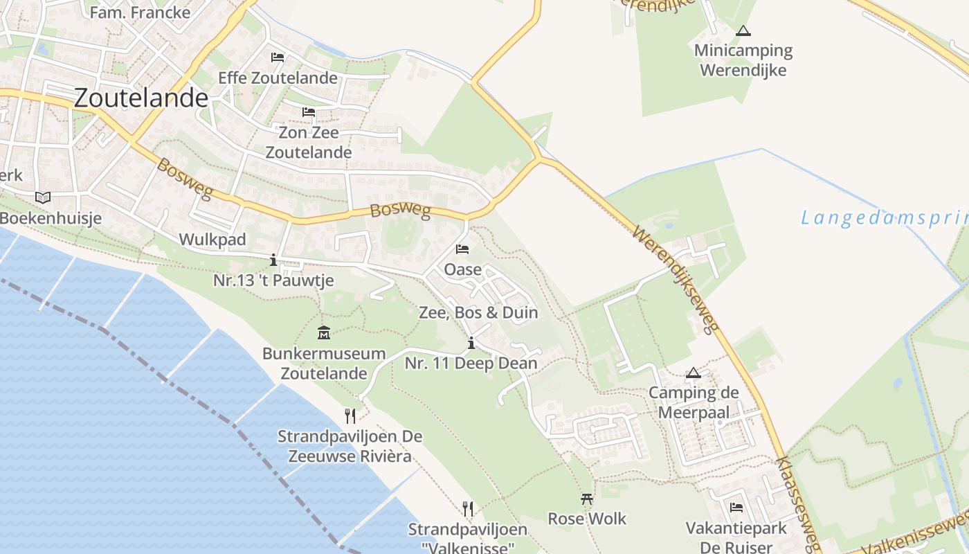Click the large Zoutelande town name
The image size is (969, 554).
(141, 98)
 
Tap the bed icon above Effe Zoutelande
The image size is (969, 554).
(278, 57)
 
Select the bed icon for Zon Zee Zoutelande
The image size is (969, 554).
(309, 112)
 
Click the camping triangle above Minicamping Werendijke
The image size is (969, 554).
(743, 31)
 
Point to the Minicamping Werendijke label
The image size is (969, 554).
(743, 60)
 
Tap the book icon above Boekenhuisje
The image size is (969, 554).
(43, 198)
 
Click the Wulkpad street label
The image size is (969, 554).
(212, 240)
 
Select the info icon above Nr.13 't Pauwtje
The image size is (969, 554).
(273, 260)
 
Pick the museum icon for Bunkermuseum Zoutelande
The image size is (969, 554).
(323, 333)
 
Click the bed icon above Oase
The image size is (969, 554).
(462, 249)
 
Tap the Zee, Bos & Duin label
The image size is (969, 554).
(478, 312)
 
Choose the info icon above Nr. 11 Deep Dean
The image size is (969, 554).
(471, 343)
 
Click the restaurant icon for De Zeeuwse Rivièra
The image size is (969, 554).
(350, 415)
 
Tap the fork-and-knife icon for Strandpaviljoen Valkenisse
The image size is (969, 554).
(468, 509)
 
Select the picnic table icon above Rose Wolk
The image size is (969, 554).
(587, 499)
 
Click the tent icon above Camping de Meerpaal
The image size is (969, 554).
(693, 373)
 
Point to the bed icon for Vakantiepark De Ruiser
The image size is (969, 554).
(736, 508)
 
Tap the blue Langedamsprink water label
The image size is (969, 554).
(885, 218)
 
